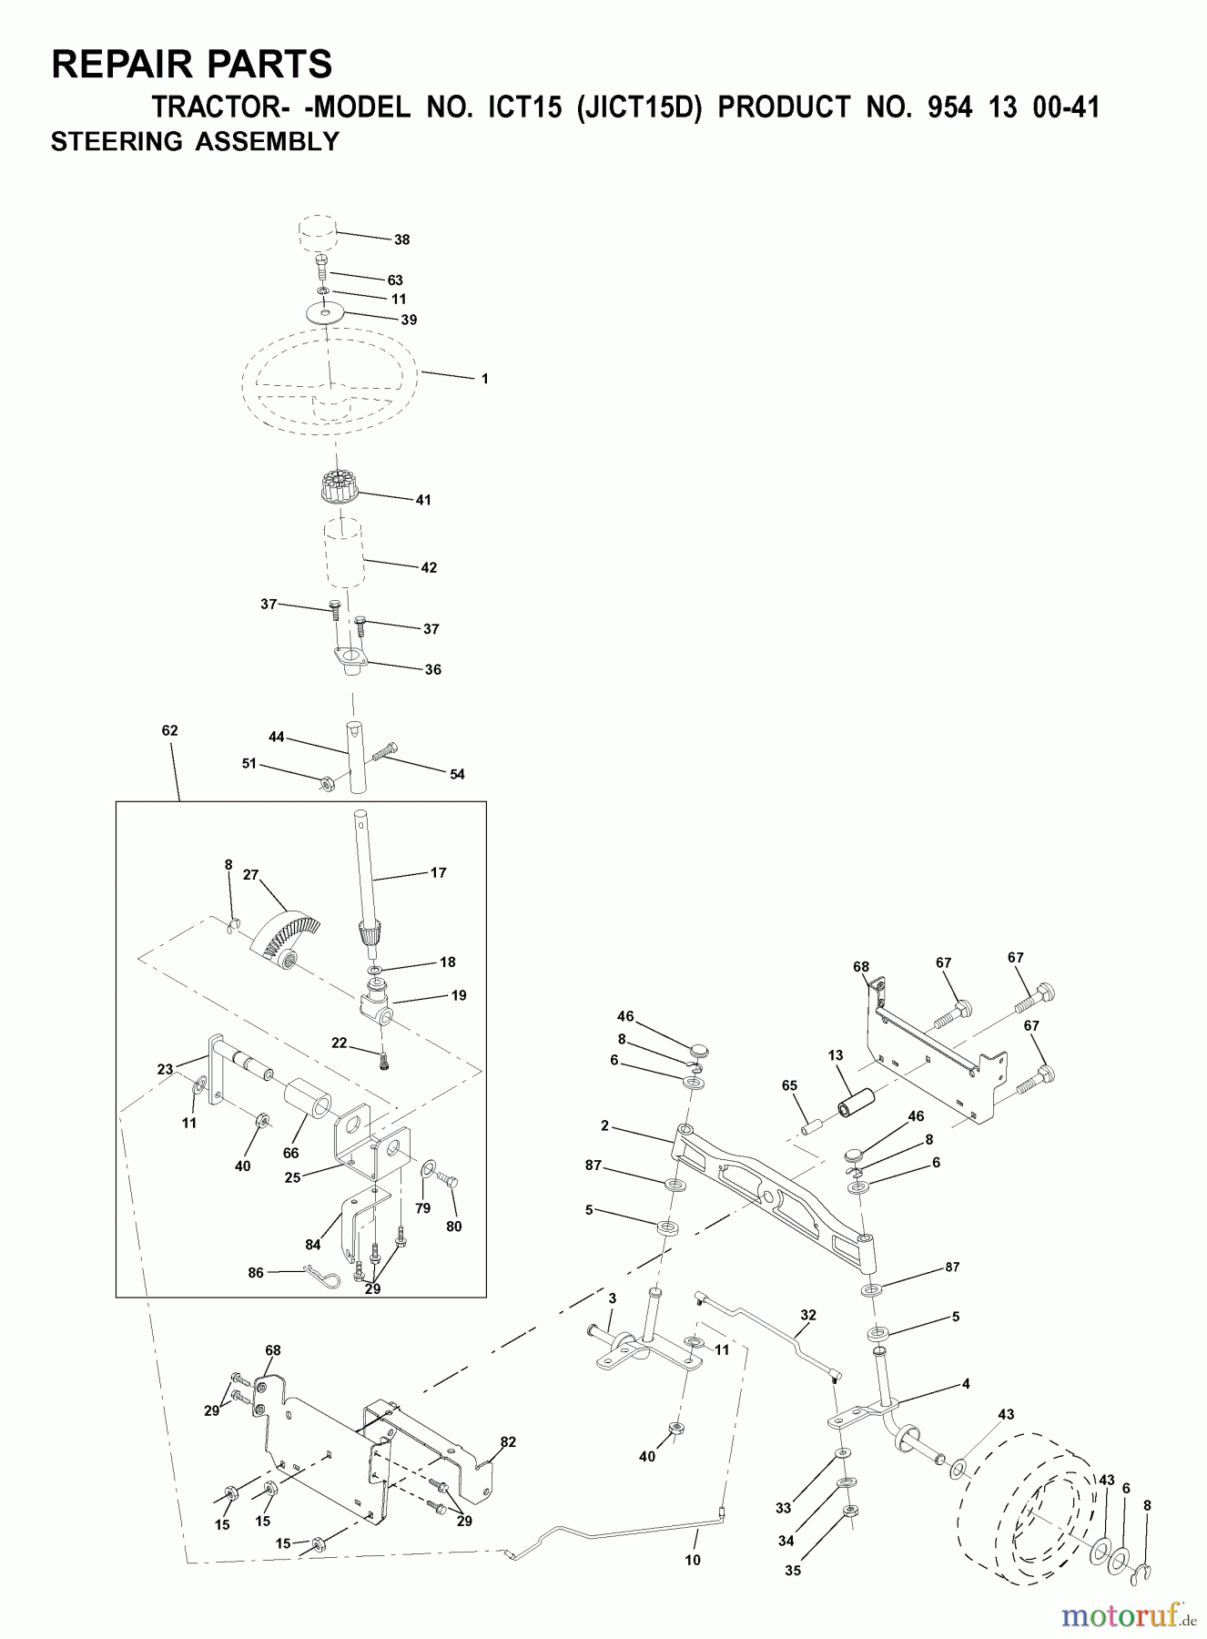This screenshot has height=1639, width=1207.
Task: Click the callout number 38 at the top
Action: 401,239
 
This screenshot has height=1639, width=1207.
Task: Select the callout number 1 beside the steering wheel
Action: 484,379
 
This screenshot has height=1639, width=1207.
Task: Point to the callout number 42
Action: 429,567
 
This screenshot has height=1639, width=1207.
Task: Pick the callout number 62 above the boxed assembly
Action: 169,730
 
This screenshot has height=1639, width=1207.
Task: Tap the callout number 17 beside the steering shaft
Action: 438,872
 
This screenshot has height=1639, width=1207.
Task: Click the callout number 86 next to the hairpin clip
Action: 256,1272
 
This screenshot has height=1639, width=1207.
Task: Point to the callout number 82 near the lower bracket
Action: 508,1441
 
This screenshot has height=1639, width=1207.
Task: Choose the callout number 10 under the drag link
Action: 693,1560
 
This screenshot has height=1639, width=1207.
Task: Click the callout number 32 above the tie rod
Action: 808,1315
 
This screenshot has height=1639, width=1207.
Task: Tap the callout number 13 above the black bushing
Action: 836,1055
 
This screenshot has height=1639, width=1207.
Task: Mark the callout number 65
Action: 789,1085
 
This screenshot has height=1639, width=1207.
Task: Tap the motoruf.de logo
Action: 1129,1615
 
